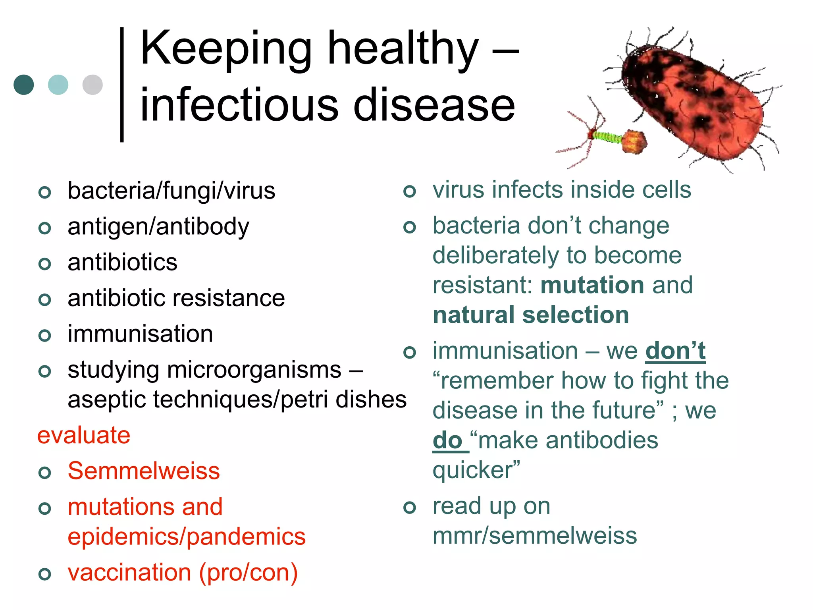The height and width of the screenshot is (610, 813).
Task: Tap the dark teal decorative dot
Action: click(x=24, y=85)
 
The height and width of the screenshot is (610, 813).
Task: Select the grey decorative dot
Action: click(x=92, y=85)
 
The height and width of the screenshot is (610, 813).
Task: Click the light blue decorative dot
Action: click(x=58, y=85)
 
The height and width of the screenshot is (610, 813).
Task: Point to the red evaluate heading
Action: click(x=84, y=435)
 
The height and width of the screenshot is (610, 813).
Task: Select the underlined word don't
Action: click(x=676, y=351)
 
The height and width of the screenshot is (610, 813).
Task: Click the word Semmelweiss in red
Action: click(x=144, y=471)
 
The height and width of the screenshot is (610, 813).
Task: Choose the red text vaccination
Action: click(x=129, y=573)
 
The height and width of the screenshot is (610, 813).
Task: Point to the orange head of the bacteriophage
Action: click(x=634, y=142)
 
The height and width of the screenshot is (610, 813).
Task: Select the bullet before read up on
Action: click(x=410, y=507)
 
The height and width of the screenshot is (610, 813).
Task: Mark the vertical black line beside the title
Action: click(x=122, y=84)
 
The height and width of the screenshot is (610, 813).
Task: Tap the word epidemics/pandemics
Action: click(x=187, y=537)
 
